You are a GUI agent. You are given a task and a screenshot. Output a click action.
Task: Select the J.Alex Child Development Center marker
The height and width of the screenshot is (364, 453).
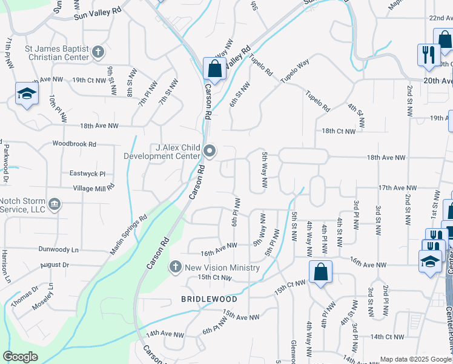[x=210, y=150]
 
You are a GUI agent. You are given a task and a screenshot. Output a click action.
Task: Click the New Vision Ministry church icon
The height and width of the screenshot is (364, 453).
[x=175, y=266]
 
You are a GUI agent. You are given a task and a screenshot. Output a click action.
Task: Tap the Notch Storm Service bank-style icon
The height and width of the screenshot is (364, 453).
[x=54, y=203]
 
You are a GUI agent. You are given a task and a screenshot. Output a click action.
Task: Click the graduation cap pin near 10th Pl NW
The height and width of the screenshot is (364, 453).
[x=27, y=95]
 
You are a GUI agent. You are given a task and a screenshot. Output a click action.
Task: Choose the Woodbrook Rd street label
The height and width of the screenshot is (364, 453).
[x=74, y=144]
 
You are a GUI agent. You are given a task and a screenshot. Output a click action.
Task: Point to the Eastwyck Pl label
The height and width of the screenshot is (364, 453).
[x=87, y=173]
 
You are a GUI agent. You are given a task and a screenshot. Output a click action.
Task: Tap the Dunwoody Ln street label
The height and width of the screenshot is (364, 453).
[x=59, y=249]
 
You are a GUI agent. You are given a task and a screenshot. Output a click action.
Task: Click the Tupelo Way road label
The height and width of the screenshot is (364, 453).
[x=295, y=72]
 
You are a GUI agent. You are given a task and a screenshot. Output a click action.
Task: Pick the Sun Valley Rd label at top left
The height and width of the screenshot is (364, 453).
[x=98, y=14]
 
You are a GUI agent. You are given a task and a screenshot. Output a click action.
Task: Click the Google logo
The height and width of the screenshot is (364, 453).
[x=21, y=357]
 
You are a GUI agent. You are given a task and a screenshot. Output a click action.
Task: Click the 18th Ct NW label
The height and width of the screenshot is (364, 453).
[x=338, y=131]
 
